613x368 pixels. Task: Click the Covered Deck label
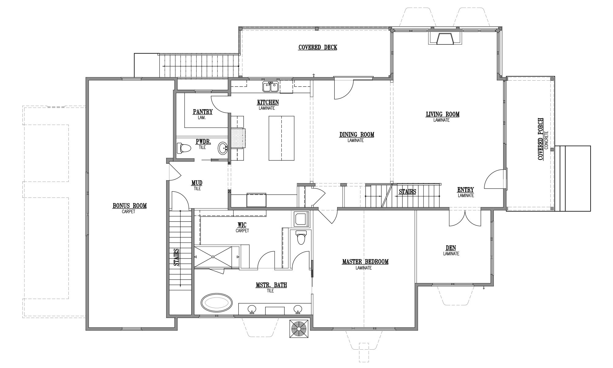318,47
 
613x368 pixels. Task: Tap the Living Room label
443,114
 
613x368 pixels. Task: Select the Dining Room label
357,135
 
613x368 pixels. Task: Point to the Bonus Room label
130,206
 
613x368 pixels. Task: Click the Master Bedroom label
365,262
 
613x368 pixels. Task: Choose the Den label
451,248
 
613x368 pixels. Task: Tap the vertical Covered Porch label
541,139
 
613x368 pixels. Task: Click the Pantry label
203,112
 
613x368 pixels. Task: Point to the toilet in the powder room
184,148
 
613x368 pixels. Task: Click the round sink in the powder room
223,148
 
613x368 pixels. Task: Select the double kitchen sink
270,86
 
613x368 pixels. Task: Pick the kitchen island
281,138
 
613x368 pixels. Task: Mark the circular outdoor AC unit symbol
299,329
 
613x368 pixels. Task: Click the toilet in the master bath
301,238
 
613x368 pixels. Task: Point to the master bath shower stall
216,257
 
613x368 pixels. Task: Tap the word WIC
242,225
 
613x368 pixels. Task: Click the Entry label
466,190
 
